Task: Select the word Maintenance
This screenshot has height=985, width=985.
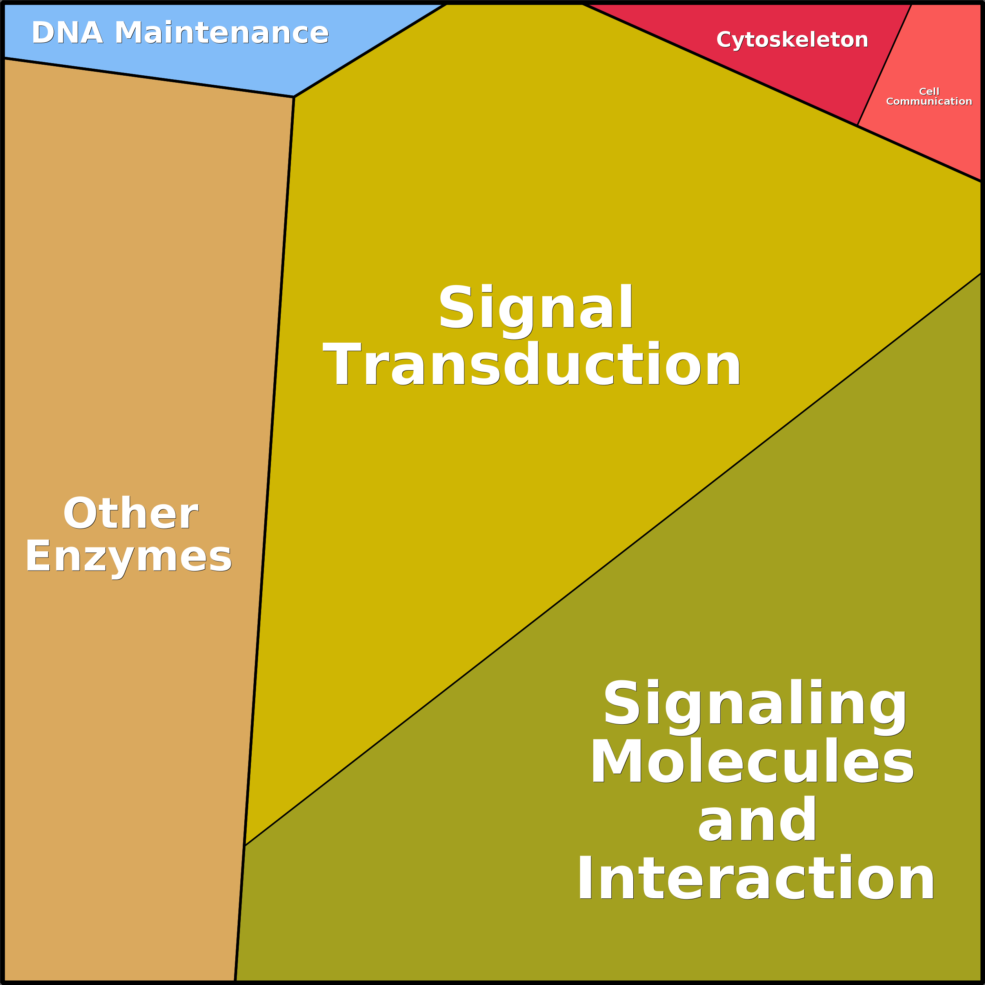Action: [x=222, y=33]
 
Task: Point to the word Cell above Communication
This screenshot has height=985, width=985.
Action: [x=929, y=91]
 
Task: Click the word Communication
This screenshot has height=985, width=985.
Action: [x=929, y=102]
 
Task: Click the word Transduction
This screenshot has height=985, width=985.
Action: [x=532, y=364]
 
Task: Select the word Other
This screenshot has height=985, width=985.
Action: [x=131, y=513]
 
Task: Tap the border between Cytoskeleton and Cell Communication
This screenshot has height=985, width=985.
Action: [x=885, y=65]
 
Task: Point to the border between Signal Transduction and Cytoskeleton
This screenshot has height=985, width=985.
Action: [x=720, y=65]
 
